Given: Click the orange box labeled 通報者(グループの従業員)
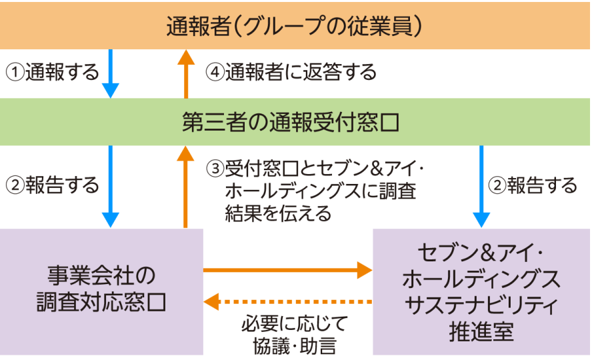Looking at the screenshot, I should [x=295, y=25].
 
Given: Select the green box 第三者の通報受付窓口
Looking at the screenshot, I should [x=295, y=122].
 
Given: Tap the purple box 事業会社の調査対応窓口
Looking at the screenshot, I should [x=101, y=291].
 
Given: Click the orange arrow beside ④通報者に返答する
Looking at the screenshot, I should [x=186, y=73].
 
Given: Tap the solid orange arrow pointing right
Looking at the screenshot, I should [x=287, y=270].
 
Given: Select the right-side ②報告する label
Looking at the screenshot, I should [x=533, y=185].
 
